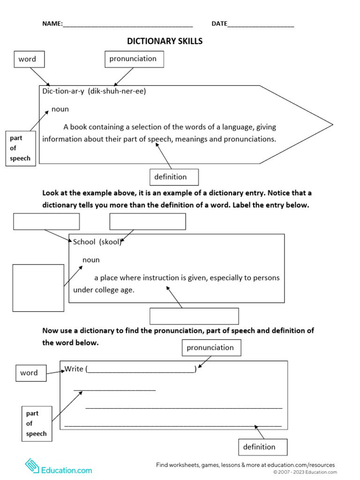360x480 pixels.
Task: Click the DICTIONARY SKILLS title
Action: [165, 41]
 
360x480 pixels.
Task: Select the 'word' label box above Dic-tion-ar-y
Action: [30, 60]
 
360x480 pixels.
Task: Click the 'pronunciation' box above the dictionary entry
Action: [134, 59]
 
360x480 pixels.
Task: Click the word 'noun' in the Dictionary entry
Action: [60, 109]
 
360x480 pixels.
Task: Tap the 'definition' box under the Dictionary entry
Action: [174, 177]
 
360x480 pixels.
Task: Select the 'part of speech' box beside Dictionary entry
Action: [21, 149]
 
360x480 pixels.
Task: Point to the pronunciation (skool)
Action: [111, 242]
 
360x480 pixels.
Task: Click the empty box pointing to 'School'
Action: [46, 222]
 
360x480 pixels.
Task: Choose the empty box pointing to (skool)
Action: [148, 222]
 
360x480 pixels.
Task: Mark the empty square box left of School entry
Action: [38, 288]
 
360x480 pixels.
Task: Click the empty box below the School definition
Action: [194, 316]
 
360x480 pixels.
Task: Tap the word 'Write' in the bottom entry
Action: [74, 369]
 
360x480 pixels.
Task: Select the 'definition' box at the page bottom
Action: [262, 447]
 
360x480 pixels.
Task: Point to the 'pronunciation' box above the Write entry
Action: [211, 348]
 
